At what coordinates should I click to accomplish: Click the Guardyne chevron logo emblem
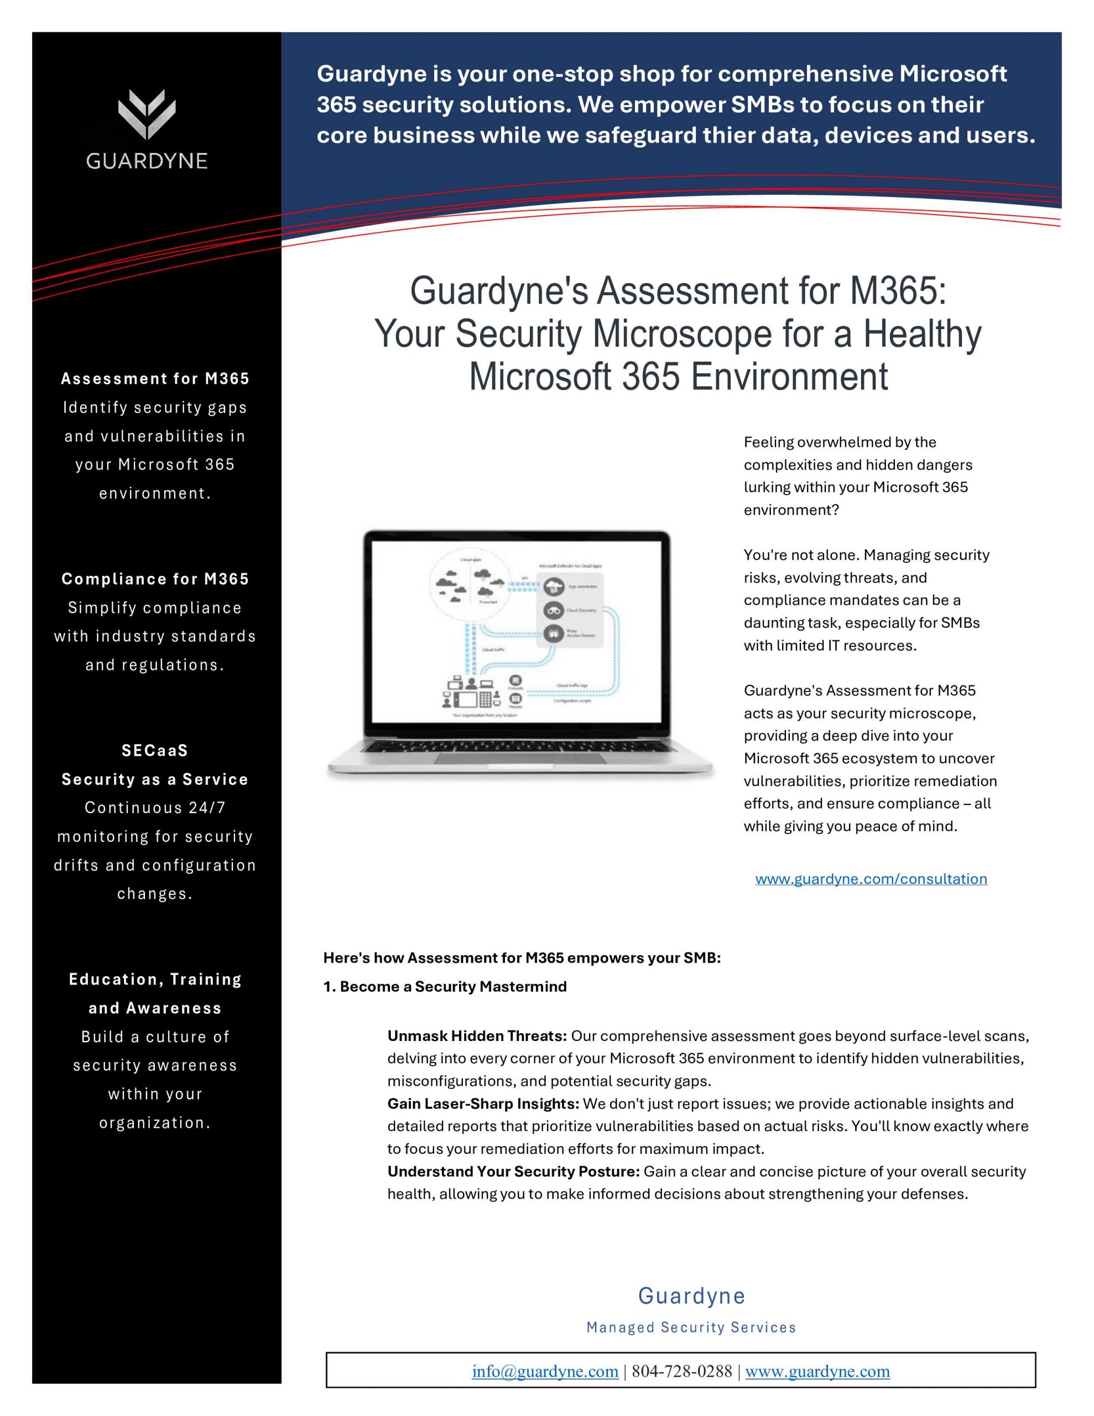click(147, 113)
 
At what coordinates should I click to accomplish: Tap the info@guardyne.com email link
click(545, 1371)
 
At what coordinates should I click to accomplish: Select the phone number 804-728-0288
click(681, 1371)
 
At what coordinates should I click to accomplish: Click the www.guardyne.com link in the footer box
click(817, 1371)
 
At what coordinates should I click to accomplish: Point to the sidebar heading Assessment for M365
click(155, 379)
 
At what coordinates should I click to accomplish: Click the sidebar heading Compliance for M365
click(155, 579)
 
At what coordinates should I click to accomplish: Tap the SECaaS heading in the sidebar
click(155, 750)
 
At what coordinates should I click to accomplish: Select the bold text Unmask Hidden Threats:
click(477, 1035)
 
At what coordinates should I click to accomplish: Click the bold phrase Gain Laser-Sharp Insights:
click(483, 1103)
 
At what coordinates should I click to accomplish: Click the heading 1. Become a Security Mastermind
click(445, 986)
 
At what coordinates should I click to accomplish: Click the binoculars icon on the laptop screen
click(553, 610)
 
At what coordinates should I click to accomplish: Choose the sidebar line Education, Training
click(155, 979)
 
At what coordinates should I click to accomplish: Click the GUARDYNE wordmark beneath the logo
click(147, 161)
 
